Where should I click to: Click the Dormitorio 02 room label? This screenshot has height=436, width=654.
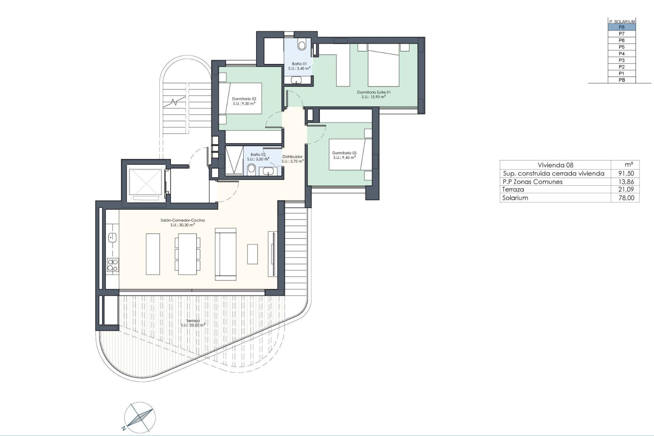coord(244,99)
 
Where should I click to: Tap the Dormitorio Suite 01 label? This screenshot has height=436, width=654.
coord(374,92)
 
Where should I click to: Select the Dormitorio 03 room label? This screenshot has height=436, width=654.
coord(344,153)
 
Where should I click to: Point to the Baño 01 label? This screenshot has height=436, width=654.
coord(299,64)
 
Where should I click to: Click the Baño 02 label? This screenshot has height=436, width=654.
coord(258,155)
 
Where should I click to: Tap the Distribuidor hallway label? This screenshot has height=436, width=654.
coord(292,157)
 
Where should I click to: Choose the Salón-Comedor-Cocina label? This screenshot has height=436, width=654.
coord(183,220)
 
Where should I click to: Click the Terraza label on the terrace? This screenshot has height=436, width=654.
coord(193,321)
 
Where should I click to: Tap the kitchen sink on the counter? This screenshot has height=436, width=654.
coord(112,237)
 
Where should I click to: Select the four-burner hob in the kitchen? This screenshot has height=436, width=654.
coord(113,265)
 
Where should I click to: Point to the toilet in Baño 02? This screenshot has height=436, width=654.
coord(252,169)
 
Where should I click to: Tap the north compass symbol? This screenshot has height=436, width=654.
coord(138,418)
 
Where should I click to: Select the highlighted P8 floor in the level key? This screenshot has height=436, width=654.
coord(622,27)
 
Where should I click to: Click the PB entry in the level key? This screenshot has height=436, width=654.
coord(622,80)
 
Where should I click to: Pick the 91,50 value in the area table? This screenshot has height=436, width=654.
coord(626,173)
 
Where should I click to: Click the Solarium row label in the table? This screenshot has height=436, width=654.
coord(515,198)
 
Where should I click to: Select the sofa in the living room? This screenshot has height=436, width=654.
coord(225,254)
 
